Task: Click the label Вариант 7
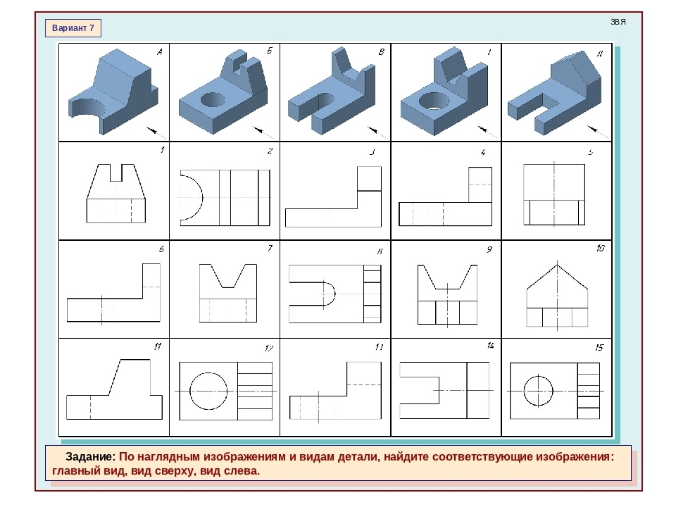click(x=73, y=28)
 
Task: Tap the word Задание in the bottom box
click(x=91, y=456)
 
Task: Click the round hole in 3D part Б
click(x=213, y=100)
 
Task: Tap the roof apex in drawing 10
click(x=557, y=265)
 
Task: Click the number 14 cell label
click(x=490, y=346)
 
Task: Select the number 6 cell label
click(x=161, y=249)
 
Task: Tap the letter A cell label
click(x=160, y=52)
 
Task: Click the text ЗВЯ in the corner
click(x=618, y=22)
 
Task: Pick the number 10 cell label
click(x=600, y=249)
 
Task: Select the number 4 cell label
click(x=483, y=152)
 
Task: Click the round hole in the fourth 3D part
click(x=434, y=101)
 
